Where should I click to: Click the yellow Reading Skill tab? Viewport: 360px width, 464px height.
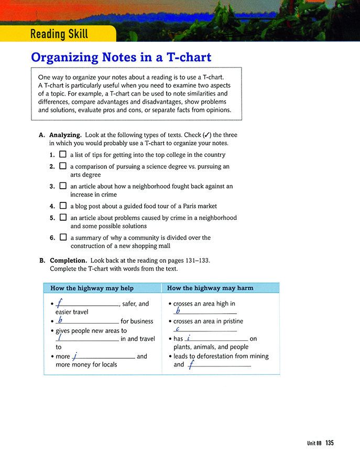[59, 35]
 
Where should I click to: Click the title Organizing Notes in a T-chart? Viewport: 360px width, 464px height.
[121, 57]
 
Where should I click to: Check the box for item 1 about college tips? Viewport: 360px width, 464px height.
[63, 155]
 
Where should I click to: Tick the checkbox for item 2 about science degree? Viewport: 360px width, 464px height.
[63, 166]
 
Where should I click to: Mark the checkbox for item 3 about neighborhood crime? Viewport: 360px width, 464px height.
[63, 186]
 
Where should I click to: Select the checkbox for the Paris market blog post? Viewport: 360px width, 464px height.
[63, 206]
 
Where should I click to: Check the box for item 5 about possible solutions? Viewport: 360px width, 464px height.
[63, 217]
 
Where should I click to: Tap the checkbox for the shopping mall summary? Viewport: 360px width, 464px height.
[63, 237]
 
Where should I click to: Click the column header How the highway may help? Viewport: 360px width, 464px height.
[92, 288]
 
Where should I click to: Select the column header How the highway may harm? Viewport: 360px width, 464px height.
[210, 288]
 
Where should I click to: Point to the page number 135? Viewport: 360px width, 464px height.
[329, 443]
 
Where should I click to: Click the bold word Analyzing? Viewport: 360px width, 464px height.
[66, 135]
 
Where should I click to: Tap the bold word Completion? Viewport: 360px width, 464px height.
[68, 260]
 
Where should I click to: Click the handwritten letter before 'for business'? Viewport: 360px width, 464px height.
[61, 320]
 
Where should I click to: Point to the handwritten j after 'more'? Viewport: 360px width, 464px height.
[75, 356]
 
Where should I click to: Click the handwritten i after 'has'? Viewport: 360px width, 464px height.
[188, 338]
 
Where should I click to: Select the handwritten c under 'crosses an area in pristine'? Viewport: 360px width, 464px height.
[178, 329]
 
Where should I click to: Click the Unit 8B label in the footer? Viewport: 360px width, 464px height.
[314, 444]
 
